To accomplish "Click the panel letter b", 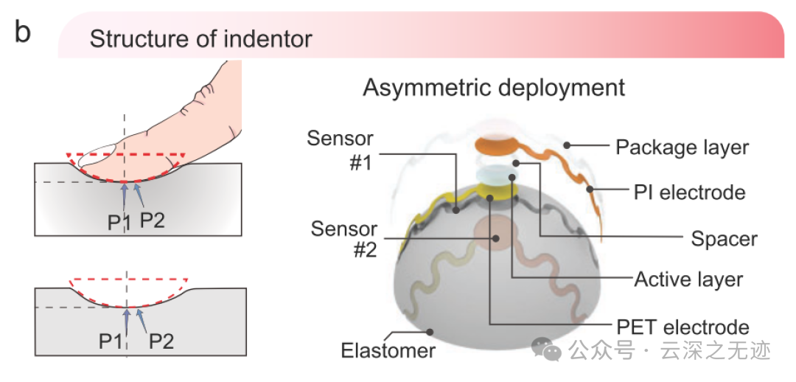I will pyautogui.click(x=23, y=33).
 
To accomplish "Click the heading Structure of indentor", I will pyautogui.click(x=201, y=38).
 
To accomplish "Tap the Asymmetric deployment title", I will pyautogui.click(x=494, y=88).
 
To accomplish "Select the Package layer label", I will pyautogui.click(x=682, y=147).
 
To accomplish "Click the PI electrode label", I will pyautogui.click(x=689, y=192).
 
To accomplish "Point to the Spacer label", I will pyautogui.click(x=724, y=238).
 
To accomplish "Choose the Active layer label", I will pyautogui.click(x=688, y=279).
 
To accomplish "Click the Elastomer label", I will pyautogui.click(x=388, y=350).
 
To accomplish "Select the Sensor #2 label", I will pyautogui.click(x=343, y=239).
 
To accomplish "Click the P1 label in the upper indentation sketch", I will pyautogui.click(x=119, y=221).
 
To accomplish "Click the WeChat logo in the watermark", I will pyautogui.click(x=550, y=350).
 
